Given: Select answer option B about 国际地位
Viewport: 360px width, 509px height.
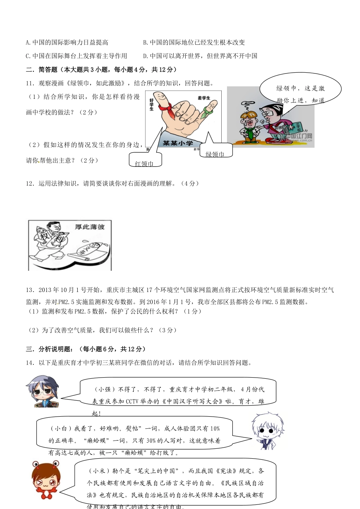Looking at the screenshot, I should click(x=194, y=42).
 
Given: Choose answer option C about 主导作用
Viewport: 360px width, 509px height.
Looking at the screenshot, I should click(x=76, y=56).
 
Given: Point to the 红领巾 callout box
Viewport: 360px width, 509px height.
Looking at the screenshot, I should click(x=145, y=160).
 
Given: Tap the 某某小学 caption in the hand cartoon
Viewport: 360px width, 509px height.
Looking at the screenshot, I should click(x=178, y=143).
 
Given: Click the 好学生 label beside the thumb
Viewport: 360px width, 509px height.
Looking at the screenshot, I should click(x=152, y=104).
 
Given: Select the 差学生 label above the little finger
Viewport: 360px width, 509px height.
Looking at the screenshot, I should click(x=204, y=98).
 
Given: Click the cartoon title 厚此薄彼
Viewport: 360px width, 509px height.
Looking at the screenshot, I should click(x=89, y=227).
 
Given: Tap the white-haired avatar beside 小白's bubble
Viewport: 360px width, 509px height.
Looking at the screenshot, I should click(x=267, y=431).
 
